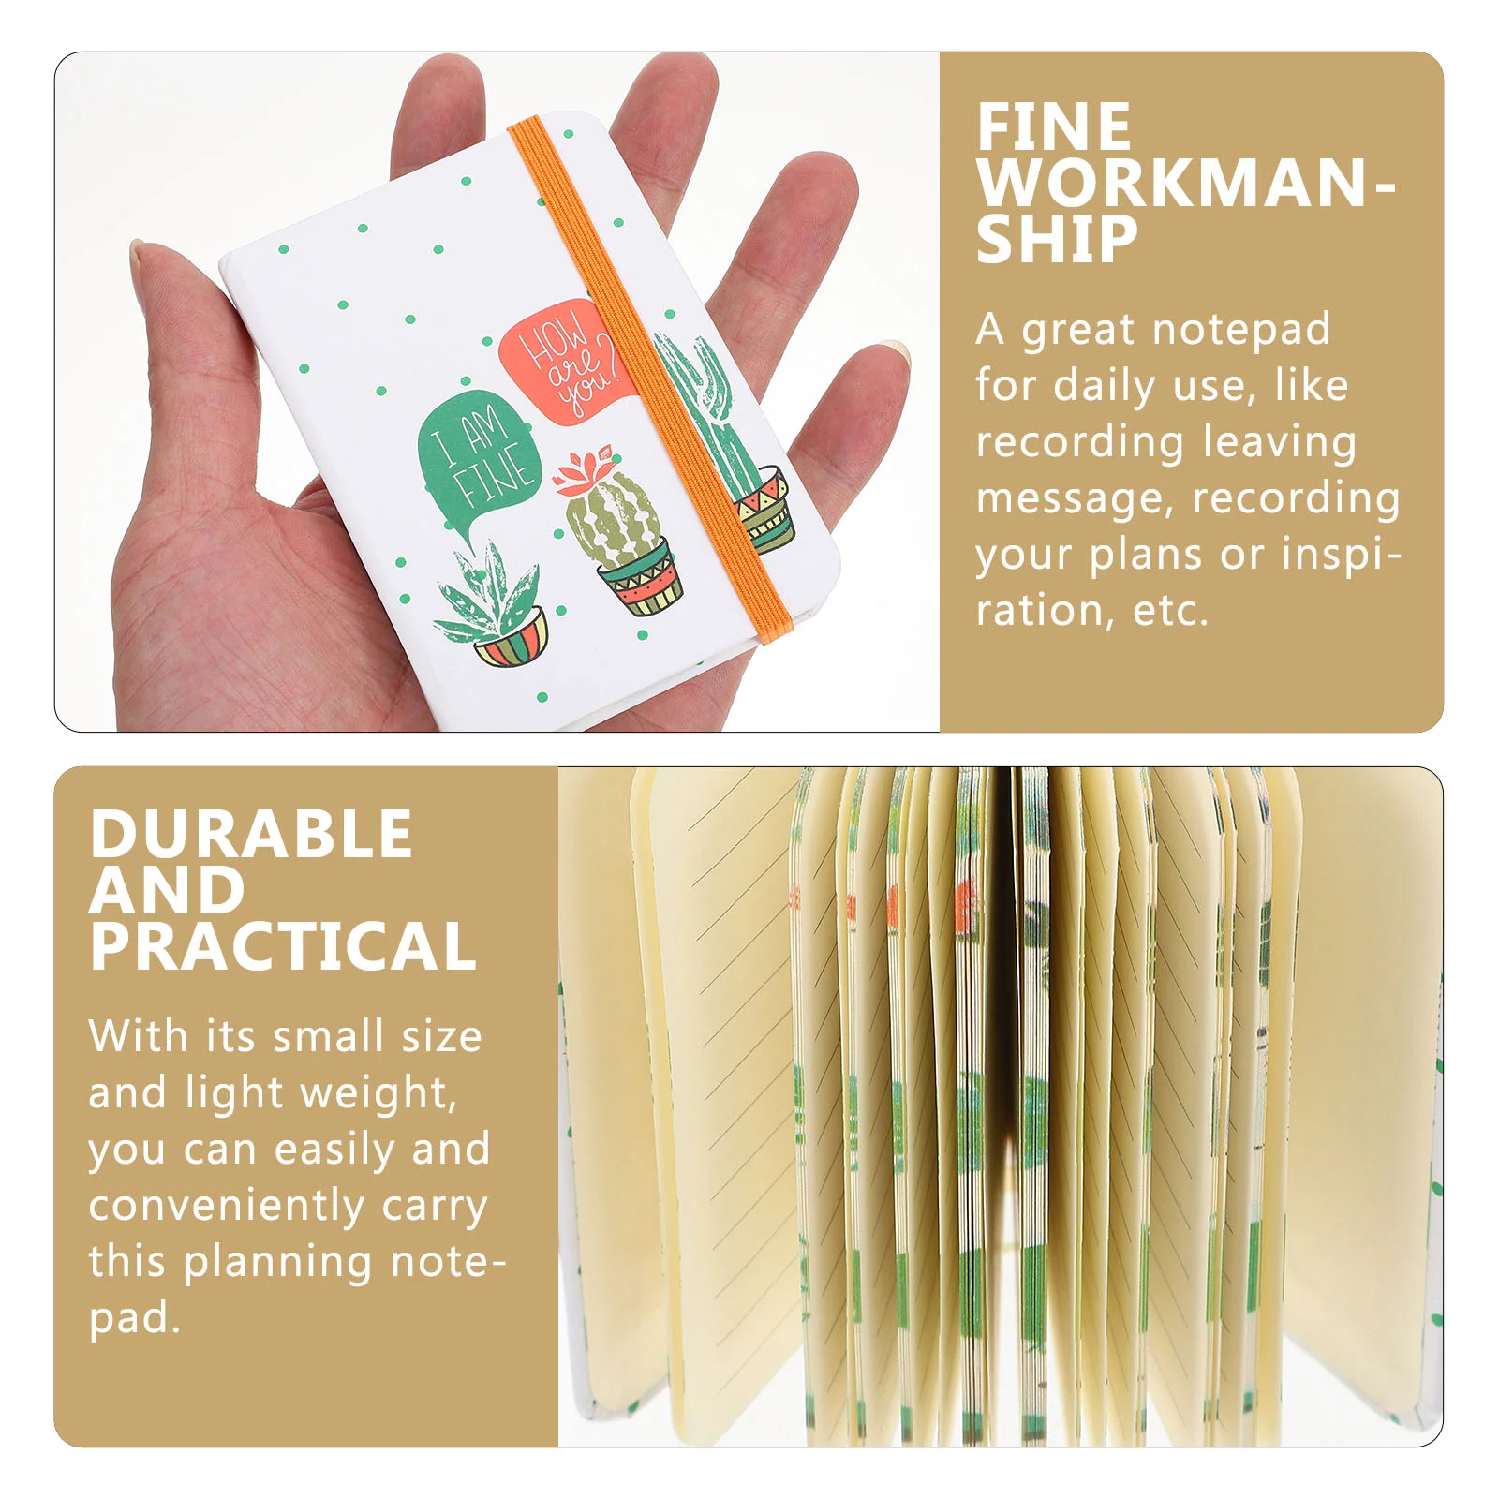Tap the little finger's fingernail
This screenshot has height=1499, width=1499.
point(901,351)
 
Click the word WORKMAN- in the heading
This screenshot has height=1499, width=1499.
point(1186,183)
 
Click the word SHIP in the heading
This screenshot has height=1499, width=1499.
point(1057,239)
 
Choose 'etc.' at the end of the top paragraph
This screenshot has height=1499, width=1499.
point(1171,612)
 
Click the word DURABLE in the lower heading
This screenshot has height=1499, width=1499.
point(251,834)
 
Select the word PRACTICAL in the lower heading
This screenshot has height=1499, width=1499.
point(283,946)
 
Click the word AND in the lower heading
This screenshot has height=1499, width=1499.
point(167,890)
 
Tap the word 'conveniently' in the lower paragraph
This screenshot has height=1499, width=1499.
point(226,1207)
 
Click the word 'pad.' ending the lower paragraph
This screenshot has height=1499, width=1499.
point(134,1319)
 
